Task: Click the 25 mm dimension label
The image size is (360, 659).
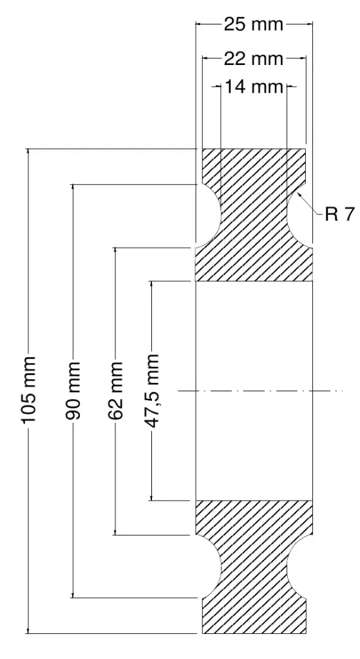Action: click(254, 25)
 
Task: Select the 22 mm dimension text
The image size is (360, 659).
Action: click(254, 59)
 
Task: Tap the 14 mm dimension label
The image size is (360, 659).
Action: click(254, 87)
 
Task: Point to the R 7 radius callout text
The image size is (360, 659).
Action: click(339, 215)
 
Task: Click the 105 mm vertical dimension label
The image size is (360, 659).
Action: click(28, 391)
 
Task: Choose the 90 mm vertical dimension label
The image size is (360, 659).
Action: click(73, 391)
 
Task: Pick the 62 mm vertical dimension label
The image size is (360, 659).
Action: click(115, 391)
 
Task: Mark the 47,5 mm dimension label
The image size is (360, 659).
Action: click(152, 391)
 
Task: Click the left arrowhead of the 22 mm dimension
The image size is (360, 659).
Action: click(207, 59)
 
